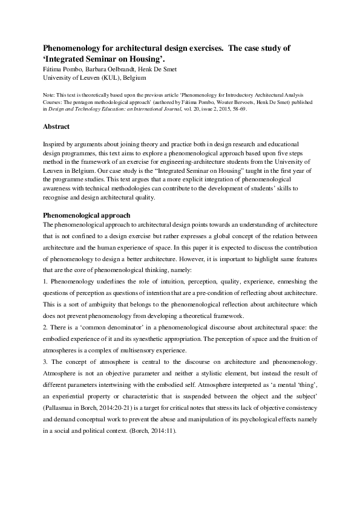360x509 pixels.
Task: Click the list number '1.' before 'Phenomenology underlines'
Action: [46, 282]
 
